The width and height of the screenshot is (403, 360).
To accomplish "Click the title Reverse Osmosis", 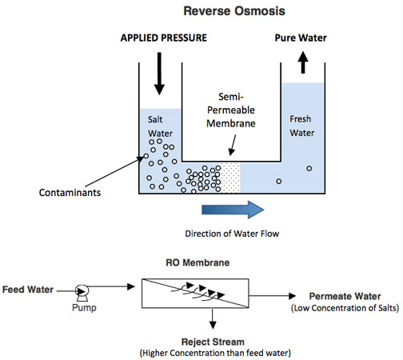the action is click(x=234, y=11).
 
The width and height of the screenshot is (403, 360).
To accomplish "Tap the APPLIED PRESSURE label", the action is click(x=164, y=38).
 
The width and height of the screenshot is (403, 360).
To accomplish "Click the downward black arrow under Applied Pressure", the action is click(x=159, y=74).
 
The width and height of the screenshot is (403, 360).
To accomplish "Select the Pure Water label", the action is click(x=301, y=38).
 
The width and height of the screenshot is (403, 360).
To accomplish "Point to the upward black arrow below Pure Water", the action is click(x=303, y=62).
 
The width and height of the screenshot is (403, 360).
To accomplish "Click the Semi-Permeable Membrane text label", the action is click(x=231, y=110).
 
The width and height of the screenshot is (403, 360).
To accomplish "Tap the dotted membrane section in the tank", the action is click(x=230, y=178).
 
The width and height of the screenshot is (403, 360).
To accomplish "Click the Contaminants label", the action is click(x=70, y=193).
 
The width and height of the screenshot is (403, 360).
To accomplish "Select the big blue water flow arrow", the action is click(x=233, y=210).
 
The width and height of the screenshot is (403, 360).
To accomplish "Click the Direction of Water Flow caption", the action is click(x=232, y=234).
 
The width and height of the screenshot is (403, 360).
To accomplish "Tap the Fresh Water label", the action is click(x=301, y=126).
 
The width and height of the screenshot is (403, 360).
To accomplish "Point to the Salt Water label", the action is click(x=160, y=126).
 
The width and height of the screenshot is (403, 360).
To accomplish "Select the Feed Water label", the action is click(x=28, y=290).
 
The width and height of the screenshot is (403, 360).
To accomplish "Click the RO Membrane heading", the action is click(x=198, y=262).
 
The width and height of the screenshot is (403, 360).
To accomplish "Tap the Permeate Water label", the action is click(x=345, y=296).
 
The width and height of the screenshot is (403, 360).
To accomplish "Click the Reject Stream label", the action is click(x=213, y=342).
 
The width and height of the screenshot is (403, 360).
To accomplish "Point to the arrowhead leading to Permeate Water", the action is click(x=293, y=296).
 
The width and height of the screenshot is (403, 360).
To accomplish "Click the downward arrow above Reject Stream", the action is click(x=213, y=318).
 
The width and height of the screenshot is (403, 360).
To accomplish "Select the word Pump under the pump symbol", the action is click(x=84, y=308).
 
